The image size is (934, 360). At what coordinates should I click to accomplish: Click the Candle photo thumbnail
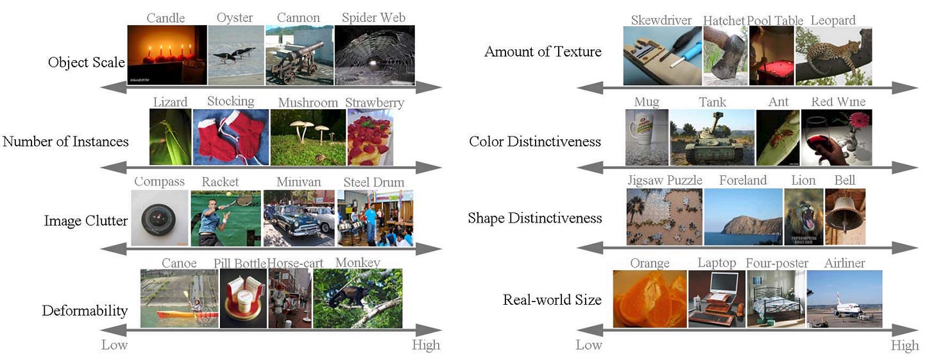click(167, 55)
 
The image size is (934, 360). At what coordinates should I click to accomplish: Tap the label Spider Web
click(373, 18)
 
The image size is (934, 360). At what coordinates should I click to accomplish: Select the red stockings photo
click(230, 137)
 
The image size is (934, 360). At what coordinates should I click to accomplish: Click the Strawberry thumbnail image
click(369, 137)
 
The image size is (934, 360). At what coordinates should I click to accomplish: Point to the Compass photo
click(160, 218)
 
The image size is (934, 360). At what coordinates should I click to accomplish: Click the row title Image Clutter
click(86, 221)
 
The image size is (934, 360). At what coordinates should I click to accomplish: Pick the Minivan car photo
click(298, 218)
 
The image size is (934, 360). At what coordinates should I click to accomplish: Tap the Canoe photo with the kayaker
click(179, 298)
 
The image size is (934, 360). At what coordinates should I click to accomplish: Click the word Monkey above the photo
click(357, 262)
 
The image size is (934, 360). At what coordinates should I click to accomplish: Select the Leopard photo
click(833, 56)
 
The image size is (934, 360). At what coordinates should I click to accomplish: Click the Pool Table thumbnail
click(771, 56)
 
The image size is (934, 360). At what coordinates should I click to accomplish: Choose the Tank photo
click(712, 137)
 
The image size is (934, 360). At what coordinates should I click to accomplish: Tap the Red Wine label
click(838, 102)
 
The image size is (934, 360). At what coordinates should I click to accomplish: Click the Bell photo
click(845, 217)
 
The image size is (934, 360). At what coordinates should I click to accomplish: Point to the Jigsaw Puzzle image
click(665, 217)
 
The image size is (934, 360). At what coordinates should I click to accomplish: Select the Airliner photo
click(844, 298)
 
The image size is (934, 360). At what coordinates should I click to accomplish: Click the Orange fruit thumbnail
click(649, 298)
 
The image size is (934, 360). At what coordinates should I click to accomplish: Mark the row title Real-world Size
click(552, 300)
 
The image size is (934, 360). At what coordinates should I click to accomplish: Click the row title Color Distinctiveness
click(535, 141)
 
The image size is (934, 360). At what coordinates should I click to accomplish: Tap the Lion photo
click(803, 217)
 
